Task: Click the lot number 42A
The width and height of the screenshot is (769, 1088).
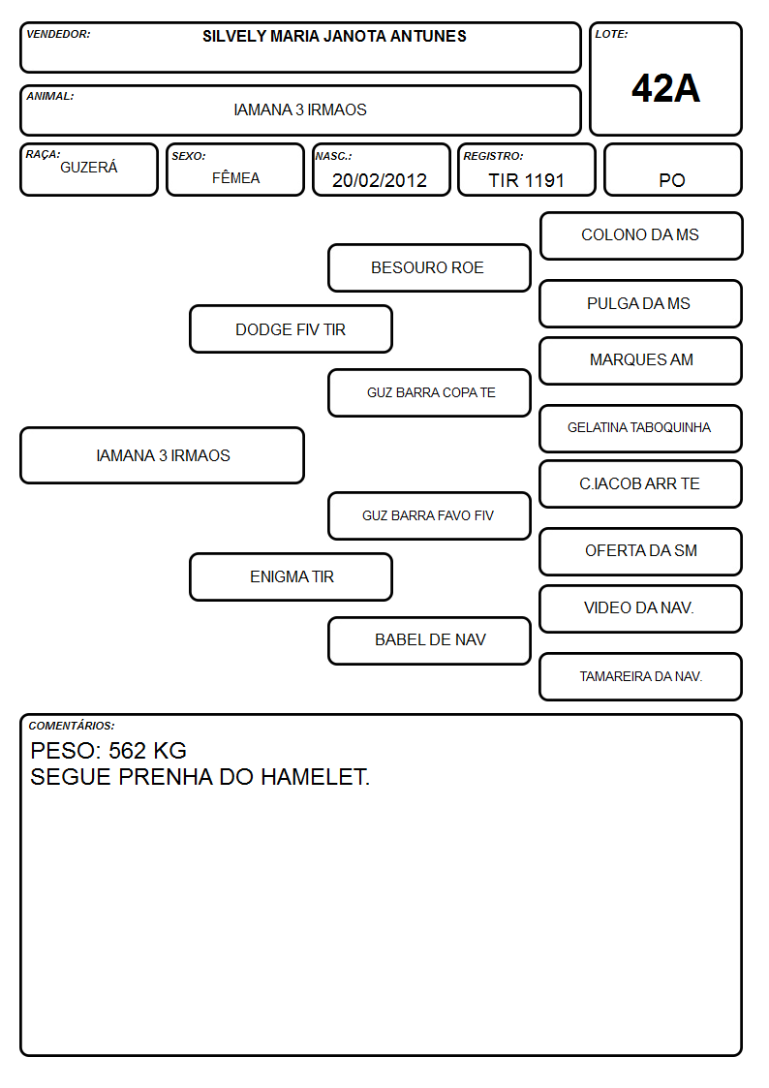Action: (x=665, y=88)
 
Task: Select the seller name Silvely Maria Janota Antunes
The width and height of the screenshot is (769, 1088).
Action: (x=334, y=36)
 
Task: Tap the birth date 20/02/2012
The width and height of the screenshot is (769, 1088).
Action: (x=380, y=180)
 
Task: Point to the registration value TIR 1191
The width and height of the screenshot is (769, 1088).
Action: (x=526, y=180)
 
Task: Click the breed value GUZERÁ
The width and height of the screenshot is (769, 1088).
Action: (x=89, y=167)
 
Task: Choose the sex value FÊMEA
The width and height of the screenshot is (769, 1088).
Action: (x=235, y=177)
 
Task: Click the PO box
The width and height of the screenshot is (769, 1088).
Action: (x=672, y=171)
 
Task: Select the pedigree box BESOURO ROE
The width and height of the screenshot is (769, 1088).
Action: (x=429, y=267)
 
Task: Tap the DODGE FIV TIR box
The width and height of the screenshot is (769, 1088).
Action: (x=292, y=329)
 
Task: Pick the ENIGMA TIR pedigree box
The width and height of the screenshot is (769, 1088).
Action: (x=292, y=576)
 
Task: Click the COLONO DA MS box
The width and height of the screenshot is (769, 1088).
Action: (x=641, y=236)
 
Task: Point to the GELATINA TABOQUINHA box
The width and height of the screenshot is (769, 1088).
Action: (x=641, y=428)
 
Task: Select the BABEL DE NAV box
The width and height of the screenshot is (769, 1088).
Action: (x=429, y=640)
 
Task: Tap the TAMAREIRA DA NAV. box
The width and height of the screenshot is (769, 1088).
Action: (x=641, y=676)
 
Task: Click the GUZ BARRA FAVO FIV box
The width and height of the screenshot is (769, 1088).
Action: (x=429, y=516)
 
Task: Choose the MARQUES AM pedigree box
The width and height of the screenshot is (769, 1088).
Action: (x=641, y=360)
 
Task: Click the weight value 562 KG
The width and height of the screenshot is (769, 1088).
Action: (x=147, y=751)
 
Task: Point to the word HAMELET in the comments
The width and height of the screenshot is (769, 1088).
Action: (x=315, y=777)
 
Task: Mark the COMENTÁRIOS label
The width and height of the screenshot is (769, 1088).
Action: (x=72, y=726)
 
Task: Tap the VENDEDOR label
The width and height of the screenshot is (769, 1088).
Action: (x=58, y=34)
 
